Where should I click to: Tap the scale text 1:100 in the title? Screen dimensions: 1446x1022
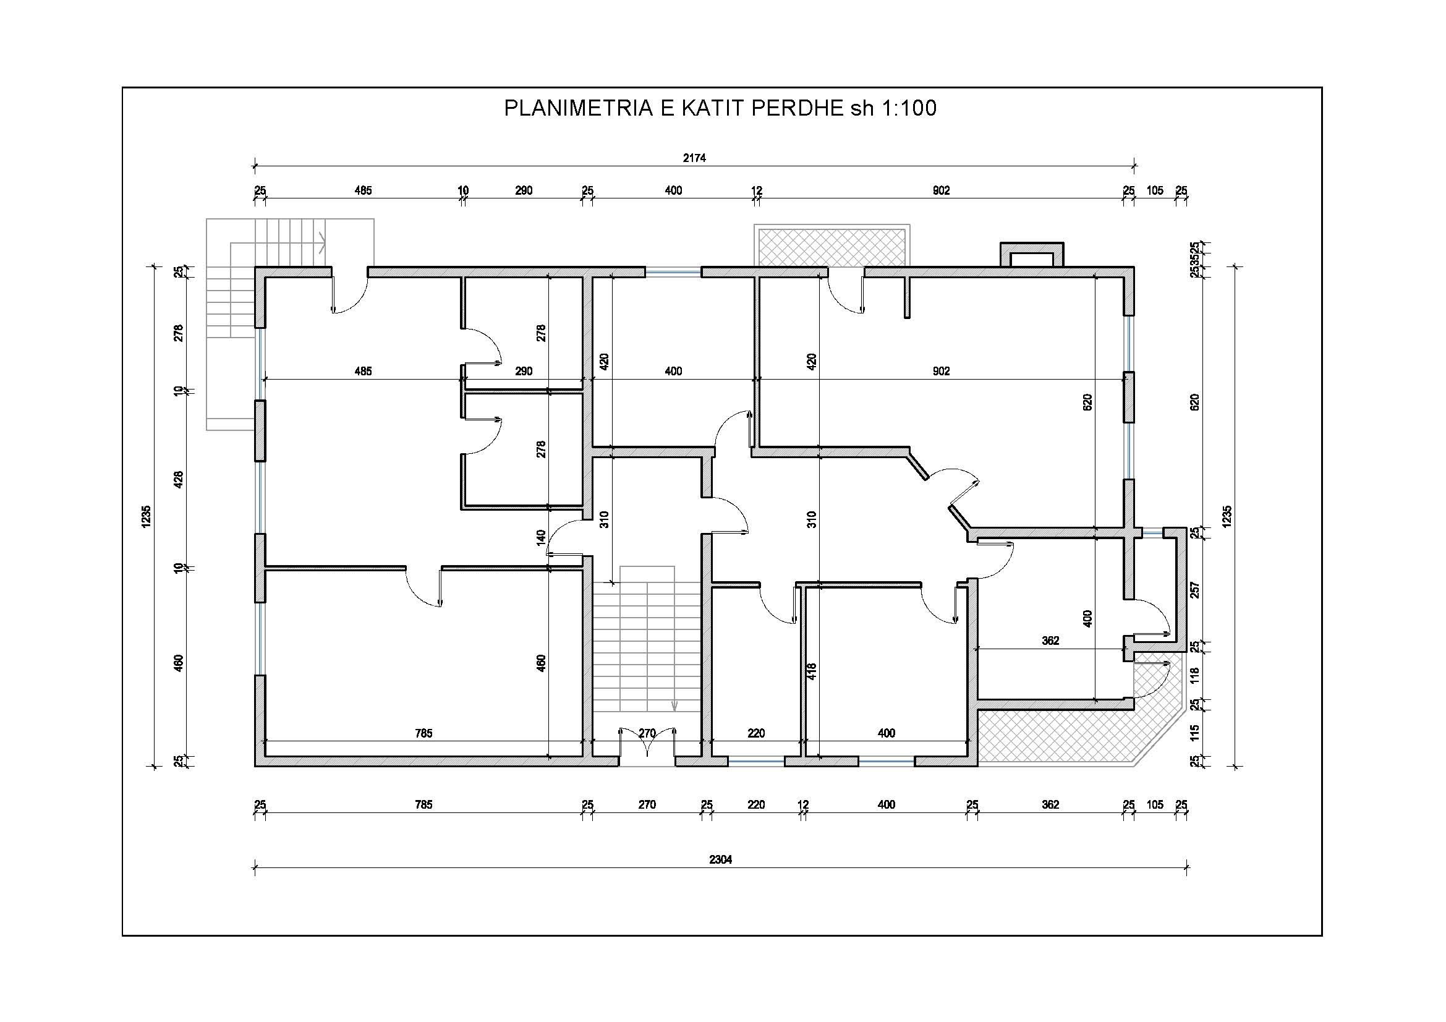point(906,108)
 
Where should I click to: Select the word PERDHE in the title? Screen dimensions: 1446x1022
point(797,108)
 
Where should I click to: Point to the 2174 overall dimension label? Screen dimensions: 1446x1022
point(694,158)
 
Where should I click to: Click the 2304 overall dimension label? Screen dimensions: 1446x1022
point(720,859)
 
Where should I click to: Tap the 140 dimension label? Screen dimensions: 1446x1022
point(541,537)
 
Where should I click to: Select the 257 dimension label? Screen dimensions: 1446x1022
point(1195,590)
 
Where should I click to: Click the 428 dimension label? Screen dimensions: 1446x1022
point(179,480)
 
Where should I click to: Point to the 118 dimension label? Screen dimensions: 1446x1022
point(1195,676)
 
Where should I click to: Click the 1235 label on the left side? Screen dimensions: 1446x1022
point(146,516)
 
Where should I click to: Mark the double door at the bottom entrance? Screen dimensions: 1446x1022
point(647,746)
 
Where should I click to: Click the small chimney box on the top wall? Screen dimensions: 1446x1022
point(1032,255)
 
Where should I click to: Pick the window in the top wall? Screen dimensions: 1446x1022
point(673,273)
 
